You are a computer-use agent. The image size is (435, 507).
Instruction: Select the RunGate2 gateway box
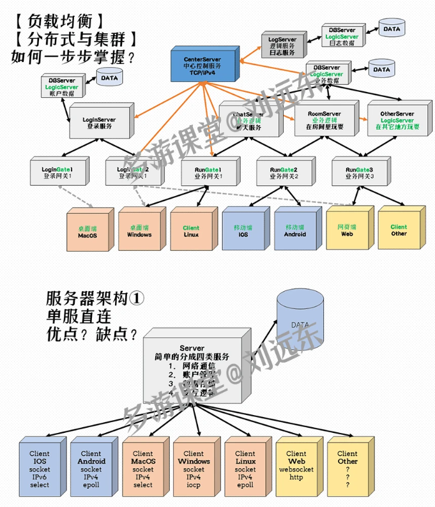click(x=282, y=172)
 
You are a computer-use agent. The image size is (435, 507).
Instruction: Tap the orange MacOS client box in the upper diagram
click(x=86, y=231)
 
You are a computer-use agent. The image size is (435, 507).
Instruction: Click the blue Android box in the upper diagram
click(x=294, y=231)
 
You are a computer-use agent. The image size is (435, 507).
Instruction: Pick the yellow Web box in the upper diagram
click(x=346, y=231)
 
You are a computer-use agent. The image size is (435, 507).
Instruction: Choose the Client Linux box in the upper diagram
click(x=190, y=231)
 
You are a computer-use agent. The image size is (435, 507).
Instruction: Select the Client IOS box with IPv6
click(x=38, y=465)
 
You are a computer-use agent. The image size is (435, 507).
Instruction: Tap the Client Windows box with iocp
click(x=194, y=465)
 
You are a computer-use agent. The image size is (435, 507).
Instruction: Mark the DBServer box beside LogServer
click(x=342, y=37)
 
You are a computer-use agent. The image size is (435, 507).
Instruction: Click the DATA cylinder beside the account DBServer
click(x=110, y=79)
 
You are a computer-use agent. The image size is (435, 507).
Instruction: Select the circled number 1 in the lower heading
click(x=139, y=298)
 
